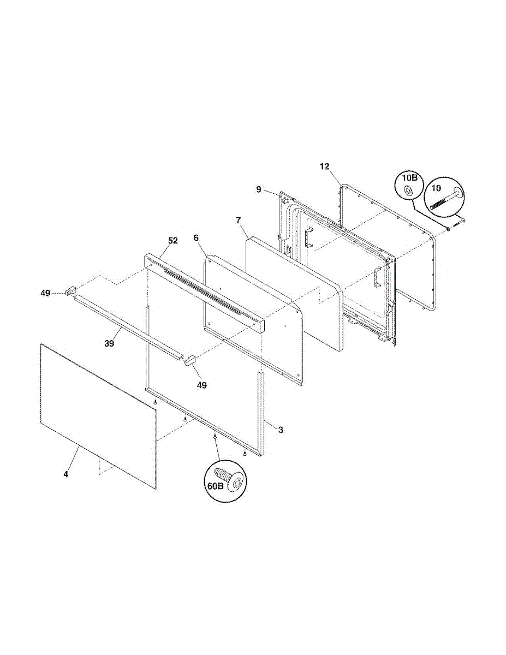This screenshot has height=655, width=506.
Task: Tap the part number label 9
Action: click(x=259, y=189)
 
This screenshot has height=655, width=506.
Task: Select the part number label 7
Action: click(x=238, y=220)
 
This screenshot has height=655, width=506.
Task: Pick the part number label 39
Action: click(x=109, y=343)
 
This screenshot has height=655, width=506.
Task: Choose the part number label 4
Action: click(x=66, y=474)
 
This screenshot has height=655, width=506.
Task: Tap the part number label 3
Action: click(x=281, y=430)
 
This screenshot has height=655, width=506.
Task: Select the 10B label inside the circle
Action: click(x=409, y=179)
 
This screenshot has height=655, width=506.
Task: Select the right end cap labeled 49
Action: click(x=191, y=360)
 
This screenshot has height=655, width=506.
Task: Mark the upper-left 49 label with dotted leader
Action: click(x=45, y=293)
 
